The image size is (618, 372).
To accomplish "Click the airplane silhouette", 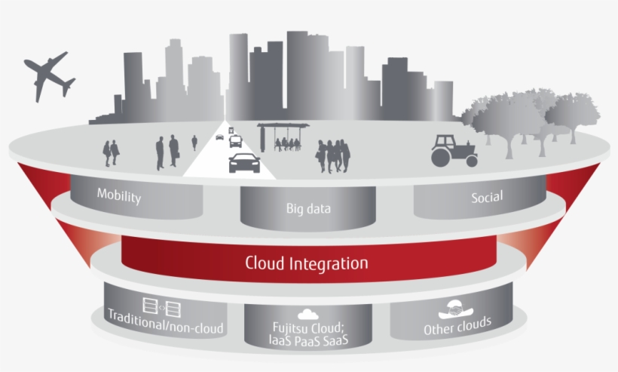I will pyautogui.click(x=47, y=75).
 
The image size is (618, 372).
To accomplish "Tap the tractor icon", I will pyautogui.click(x=454, y=150).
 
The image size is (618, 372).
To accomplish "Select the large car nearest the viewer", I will pyautogui.click(x=243, y=161).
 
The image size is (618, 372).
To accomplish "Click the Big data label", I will pyautogui.click(x=308, y=208).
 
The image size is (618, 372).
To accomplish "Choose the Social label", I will pyautogui.click(x=487, y=197).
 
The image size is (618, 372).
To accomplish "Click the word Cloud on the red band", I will pyautogui.click(x=265, y=263).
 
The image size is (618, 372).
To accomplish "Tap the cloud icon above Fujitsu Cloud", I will pyautogui.click(x=307, y=312).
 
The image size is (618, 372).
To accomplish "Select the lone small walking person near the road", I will pyautogui.click(x=194, y=143).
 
